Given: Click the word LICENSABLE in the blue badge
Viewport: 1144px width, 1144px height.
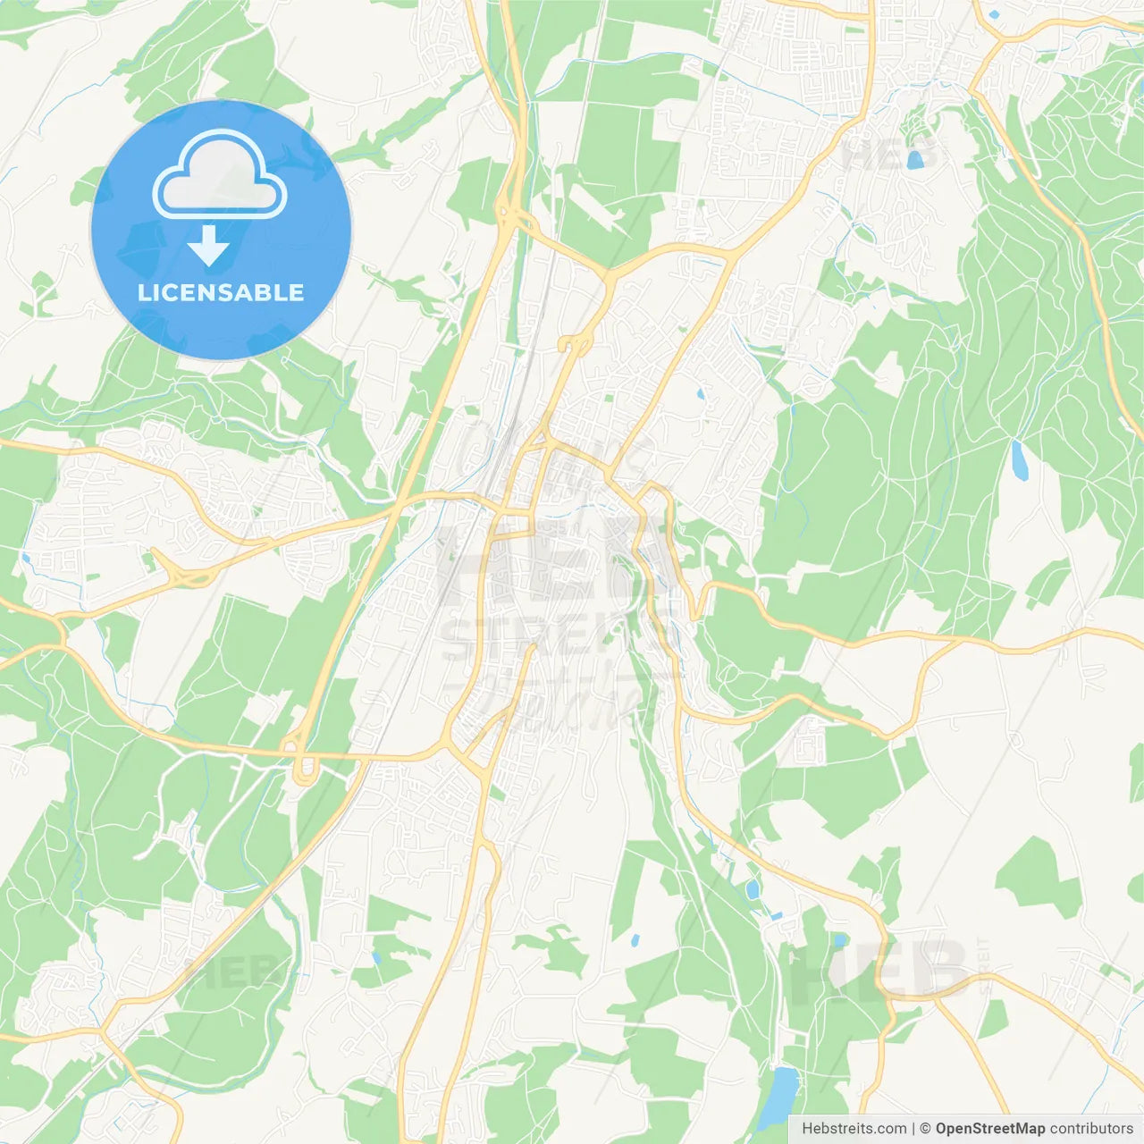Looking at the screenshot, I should [221, 292].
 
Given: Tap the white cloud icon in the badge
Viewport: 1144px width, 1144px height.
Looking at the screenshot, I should [220, 176].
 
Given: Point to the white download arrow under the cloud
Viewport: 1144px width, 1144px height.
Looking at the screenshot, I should [208, 246].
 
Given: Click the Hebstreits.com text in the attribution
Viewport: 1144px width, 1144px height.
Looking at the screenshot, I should [854, 1129].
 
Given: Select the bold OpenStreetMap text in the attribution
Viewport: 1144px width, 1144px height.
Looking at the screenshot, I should [989, 1129].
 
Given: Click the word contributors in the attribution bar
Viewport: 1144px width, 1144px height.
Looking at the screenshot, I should [1091, 1129].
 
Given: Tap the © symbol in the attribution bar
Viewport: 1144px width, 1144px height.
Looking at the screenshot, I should [925, 1129].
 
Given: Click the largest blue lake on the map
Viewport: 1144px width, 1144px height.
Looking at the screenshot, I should [777, 1096].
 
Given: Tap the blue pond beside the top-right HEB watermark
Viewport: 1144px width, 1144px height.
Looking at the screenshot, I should [914, 160].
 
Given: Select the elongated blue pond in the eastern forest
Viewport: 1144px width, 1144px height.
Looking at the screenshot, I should [1019, 459].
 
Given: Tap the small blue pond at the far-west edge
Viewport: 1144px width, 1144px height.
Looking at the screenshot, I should [26, 560].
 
